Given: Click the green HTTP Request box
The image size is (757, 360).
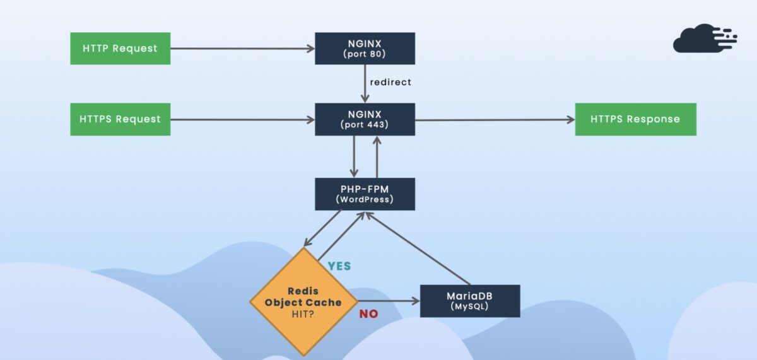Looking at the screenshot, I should pos(120,49).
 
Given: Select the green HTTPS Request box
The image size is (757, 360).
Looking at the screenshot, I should pos(120,119).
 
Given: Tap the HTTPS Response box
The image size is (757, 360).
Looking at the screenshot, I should pos(635,119).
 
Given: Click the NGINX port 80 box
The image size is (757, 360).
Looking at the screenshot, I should pos(365,49).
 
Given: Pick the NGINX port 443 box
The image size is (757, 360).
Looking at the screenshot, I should pos(365,119).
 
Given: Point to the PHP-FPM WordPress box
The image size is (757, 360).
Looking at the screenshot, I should pos(365,194).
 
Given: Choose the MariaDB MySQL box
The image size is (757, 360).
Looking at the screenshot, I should pos(470,301).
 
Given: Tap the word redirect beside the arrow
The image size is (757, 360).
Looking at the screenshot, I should pos(390,82).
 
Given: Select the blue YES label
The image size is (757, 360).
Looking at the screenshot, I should pos(339,266).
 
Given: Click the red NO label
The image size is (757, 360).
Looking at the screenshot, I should pos(368,314).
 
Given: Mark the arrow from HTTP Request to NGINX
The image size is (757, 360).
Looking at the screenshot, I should pos(242,49).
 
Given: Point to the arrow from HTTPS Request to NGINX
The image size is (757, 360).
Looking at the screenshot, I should pos(242,119).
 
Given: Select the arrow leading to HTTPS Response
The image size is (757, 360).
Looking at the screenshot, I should pos(495,120).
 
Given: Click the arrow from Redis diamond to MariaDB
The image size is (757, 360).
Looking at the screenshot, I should pos(388,301).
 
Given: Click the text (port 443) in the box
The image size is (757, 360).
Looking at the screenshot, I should pos(365,125).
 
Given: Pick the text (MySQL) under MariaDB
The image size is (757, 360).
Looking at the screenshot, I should pos(470,307).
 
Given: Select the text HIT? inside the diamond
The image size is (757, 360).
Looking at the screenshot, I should pos(303,314).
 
